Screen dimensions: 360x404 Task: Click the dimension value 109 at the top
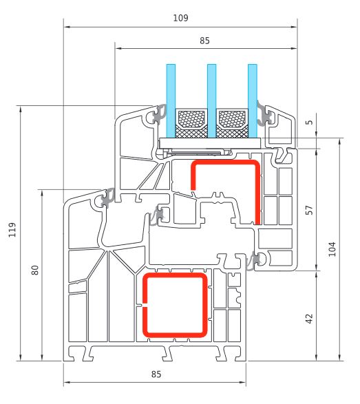pyautogui.click(x=180, y=18)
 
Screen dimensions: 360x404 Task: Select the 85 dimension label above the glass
pyautogui.click(x=204, y=41)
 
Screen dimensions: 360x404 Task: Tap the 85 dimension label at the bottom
pyautogui.click(x=156, y=374)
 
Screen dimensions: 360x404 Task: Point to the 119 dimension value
pyautogui.click(x=12, y=230)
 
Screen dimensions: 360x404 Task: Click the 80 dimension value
pyautogui.click(x=35, y=270)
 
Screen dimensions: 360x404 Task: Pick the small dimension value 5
pyautogui.click(x=310, y=122)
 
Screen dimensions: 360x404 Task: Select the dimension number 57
pyautogui.click(x=309, y=210)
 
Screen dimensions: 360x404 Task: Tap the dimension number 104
pyautogui.click(x=332, y=249)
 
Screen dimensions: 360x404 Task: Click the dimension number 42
pyautogui.click(x=309, y=319)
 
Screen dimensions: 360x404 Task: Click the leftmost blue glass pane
pyautogui.click(x=171, y=100)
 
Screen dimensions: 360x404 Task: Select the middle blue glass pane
pyautogui.click(x=211, y=100)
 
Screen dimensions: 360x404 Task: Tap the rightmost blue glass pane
pyautogui.click(x=253, y=100)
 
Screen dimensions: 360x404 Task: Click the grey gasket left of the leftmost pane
pyautogui.click(x=160, y=114)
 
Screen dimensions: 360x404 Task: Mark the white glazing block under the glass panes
pyautogui.click(x=210, y=143)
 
